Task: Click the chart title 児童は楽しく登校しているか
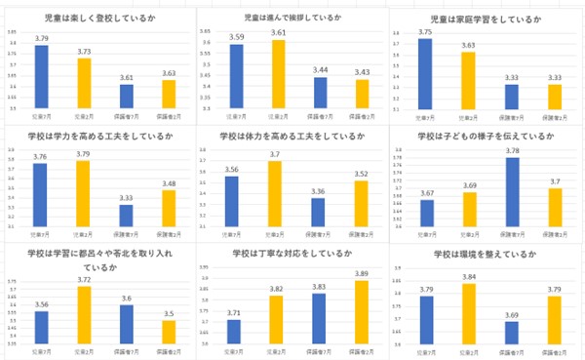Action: click(x=97, y=19)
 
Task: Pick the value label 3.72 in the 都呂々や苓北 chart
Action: click(x=84, y=279)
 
